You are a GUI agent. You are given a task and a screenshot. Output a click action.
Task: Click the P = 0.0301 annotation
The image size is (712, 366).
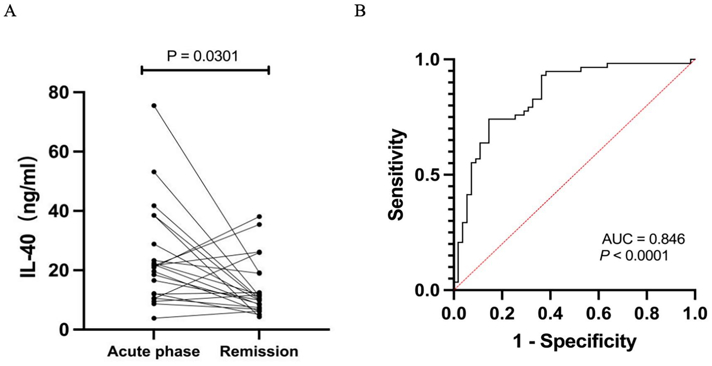pyautogui.click(x=202, y=56)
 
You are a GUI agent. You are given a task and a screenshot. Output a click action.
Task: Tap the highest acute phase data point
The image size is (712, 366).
pyautogui.click(x=154, y=106)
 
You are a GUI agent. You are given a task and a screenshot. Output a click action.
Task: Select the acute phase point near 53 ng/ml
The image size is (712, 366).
pyautogui.click(x=154, y=171)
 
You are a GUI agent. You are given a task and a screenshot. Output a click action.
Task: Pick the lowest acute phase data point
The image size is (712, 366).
pyautogui.click(x=154, y=318)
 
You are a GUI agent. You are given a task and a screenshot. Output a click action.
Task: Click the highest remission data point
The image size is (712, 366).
pyautogui.click(x=259, y=217)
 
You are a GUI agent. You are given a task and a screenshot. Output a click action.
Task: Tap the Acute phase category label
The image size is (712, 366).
pyautogui.click(x=153, y=351)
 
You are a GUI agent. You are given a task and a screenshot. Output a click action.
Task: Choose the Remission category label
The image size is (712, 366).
pyautogui.click(x=259, y=351)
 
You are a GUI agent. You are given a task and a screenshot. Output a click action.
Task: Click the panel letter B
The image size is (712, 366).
pyautogui.click(x=360, y=11)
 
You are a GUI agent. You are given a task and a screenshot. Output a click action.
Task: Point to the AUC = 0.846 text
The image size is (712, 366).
pyautogui.click(x=643, y=239)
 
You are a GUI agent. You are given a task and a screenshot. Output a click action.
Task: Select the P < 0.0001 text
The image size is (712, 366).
pyautogui.click(x=634, y=256)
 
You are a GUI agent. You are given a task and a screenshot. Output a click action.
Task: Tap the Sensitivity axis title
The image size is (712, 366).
pyautogui.click(x=396, y=174)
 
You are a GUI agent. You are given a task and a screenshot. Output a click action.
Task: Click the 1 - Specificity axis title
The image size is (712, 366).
pyautogui.click(x=574, y=341)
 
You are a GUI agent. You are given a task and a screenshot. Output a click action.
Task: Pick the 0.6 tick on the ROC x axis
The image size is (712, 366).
pyautogui.click(x=599, y=313)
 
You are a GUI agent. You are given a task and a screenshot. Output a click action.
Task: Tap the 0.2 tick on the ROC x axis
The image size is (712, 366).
pyautogui.click(x=502, y=313)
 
